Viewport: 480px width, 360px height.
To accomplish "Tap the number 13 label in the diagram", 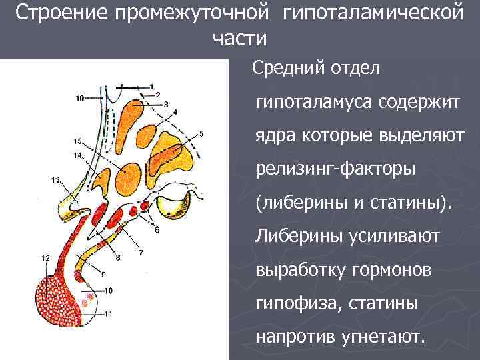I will (x=55, y=179).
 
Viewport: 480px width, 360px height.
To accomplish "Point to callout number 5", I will (x=201, y=135).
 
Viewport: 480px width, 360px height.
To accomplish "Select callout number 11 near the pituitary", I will (x=109, y=313).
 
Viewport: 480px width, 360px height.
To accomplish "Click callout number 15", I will (x=78, y=141).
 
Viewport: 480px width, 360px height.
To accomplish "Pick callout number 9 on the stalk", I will (x=103, y=274).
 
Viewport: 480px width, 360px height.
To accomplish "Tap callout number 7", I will (x=141, y=252).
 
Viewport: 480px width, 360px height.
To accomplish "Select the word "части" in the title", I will (x=239, y=39).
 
